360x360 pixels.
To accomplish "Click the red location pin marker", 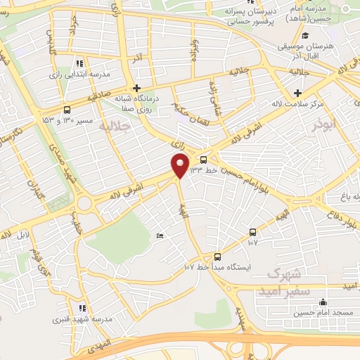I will click(x=180, y=165).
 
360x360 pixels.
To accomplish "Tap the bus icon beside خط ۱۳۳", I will click(x=204, y=160).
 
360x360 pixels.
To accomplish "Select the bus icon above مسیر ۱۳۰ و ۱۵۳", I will click(x=67, y=110).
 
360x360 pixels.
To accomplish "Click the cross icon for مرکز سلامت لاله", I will click(x=298, y=93).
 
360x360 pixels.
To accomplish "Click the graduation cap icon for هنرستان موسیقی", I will click(x=304, y=37).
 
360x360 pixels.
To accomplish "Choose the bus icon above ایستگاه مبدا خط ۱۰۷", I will click(x=217, y=257).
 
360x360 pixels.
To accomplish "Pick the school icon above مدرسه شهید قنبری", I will click(x=82, y=308).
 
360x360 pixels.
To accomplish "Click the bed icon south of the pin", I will click(x=160, y=236).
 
